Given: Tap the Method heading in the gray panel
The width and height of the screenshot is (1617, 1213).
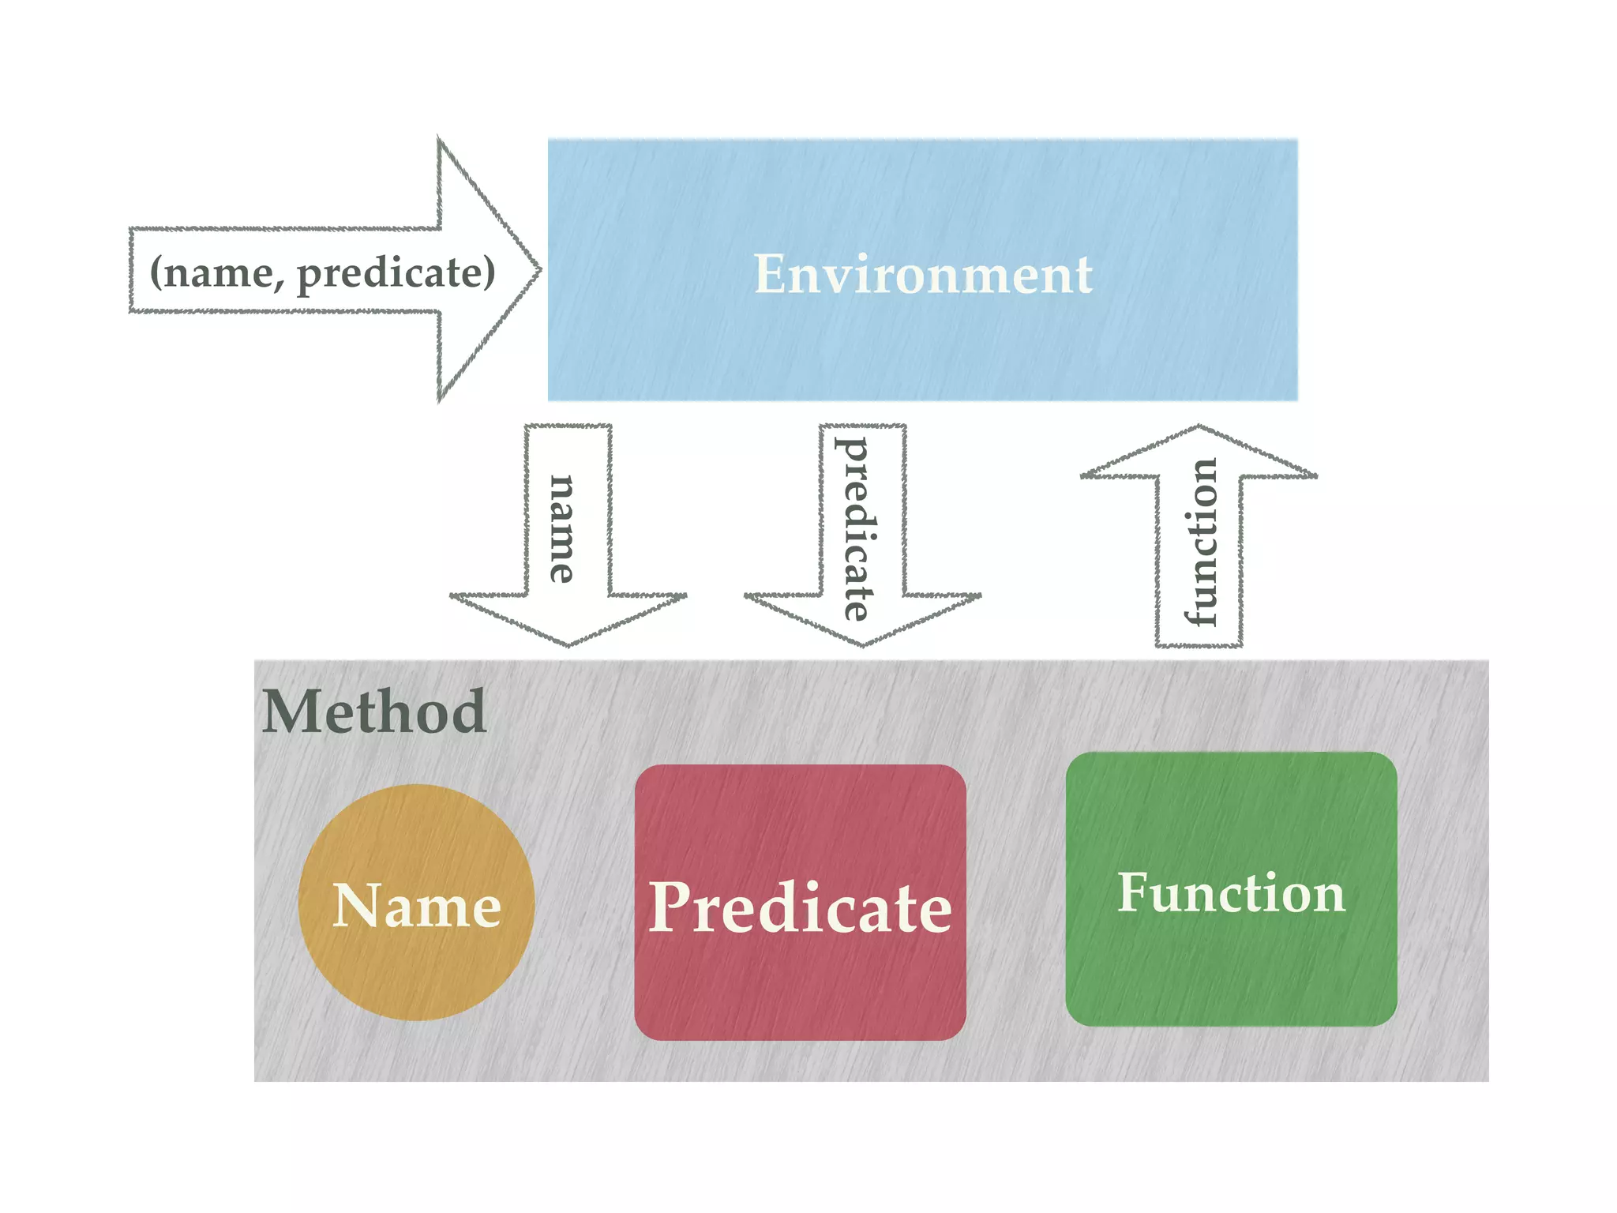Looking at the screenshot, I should click(373, 712).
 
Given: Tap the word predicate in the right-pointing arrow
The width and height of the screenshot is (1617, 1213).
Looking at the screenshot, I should click(396, 272).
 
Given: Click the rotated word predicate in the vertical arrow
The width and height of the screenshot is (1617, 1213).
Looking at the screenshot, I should click(855, 529).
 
